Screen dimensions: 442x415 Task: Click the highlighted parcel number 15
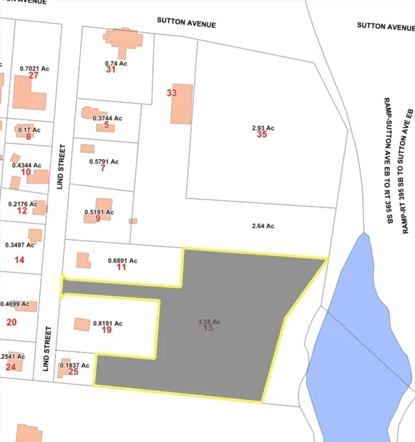tap(208, 328)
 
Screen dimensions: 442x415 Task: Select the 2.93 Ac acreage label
tap(262, 128)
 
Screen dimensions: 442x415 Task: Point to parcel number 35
tap(262, 135)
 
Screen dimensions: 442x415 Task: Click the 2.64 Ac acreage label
tap(263, 226)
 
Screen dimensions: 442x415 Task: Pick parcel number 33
tap(171, 93)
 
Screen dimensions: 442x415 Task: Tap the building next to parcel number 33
tap(182, 104)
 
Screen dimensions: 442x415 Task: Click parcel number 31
tap(111, 70)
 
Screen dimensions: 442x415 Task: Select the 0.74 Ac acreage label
tap(116, 63)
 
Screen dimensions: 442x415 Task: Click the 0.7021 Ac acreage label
tap(35, 68)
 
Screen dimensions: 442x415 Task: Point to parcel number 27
tap(33, 75)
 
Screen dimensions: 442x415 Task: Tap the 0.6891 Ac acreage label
tap(123, 260)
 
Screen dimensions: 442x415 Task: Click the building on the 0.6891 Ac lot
tap(83, 260)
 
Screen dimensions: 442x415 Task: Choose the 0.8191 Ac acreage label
tap(108, 323)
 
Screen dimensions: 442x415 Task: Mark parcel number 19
tap(106, 330)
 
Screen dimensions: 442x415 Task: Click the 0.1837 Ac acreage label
tap(75, 365)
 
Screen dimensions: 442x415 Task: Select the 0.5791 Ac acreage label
tap(104, 162)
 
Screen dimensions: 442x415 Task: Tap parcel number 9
tap(98, 219)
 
